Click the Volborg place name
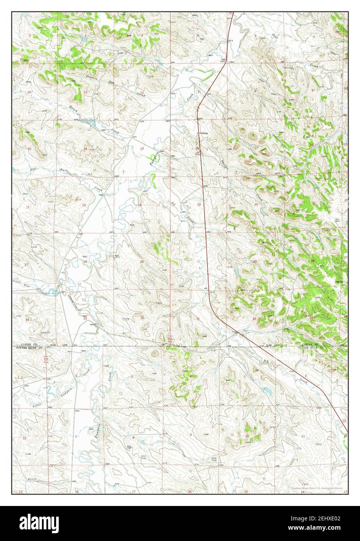click(203, 133)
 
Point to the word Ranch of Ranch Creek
click(74, 109)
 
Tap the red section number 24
click(140, 205)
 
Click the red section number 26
click(85, 262)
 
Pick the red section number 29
click(255, 262)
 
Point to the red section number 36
click(142, 318)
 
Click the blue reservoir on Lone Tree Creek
click(59, 291)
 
